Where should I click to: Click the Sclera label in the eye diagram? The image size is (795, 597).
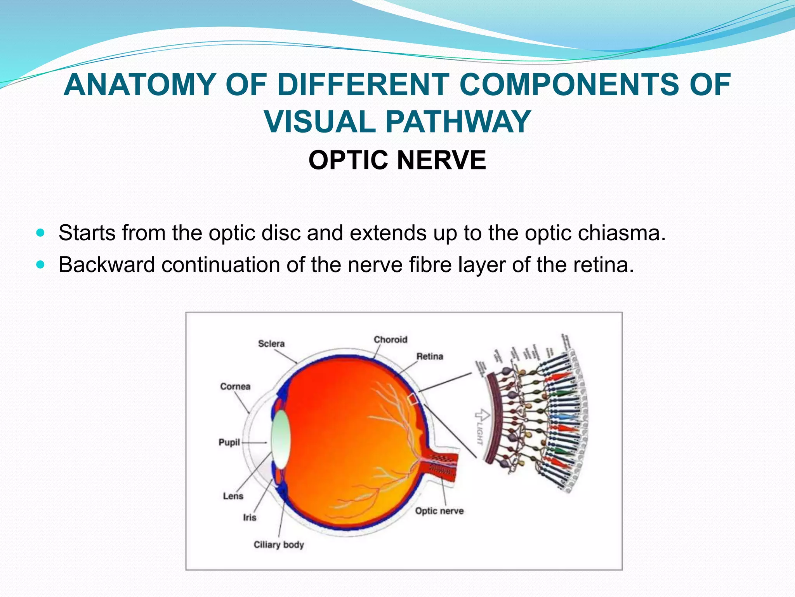click(271, 344)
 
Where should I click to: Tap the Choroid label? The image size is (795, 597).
click(390, 340)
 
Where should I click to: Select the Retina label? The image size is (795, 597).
click(429, 356)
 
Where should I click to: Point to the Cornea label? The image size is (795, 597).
click(235, 386)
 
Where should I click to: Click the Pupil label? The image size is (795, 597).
click(229, 442)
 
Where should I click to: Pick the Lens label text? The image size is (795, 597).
click(233, 496)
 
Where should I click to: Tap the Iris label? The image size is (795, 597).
click(250, 517)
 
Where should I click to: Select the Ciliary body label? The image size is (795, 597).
click(279, 545)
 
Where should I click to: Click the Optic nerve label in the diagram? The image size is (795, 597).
click(439, 511)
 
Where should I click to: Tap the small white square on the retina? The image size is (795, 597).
click(413, 399)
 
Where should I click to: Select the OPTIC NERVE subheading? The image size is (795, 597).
click(397, 160)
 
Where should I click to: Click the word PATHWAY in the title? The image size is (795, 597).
click(458, 122)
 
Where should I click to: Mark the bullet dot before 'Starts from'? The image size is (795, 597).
click(40, 233)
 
